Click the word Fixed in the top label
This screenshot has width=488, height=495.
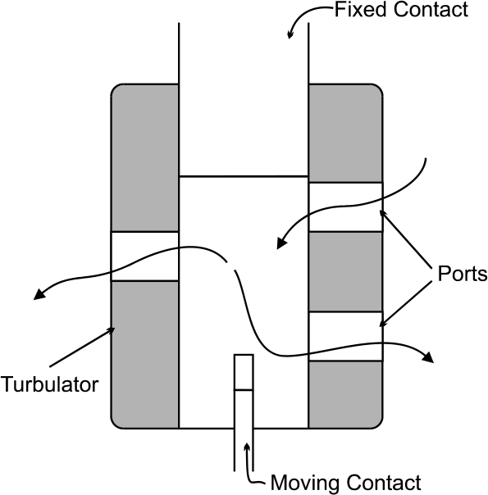[361, 10]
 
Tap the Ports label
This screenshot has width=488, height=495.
[463, 274]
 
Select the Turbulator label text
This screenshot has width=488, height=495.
[49, 384]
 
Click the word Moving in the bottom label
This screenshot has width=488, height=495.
[305, 483]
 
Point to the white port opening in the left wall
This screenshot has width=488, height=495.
[145, 256]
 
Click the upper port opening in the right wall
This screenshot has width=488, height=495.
[345, 207]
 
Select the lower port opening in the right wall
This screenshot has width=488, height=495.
[345, 336]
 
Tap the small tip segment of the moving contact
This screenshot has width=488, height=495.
[244, 373]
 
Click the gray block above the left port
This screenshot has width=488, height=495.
[145, 158]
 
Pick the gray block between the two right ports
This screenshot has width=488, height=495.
[345, 272]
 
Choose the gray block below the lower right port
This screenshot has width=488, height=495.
[345, 395]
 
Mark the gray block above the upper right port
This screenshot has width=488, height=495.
[345, 134]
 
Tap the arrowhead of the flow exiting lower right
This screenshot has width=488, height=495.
[428, 357]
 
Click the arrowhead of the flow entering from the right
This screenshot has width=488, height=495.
[281, 243]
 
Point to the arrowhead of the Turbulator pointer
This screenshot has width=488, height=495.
[112, 329]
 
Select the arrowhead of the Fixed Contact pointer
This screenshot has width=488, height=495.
[290, 35]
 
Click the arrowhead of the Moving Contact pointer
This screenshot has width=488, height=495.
[247, 447]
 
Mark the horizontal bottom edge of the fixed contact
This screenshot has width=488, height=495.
[244, 176]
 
